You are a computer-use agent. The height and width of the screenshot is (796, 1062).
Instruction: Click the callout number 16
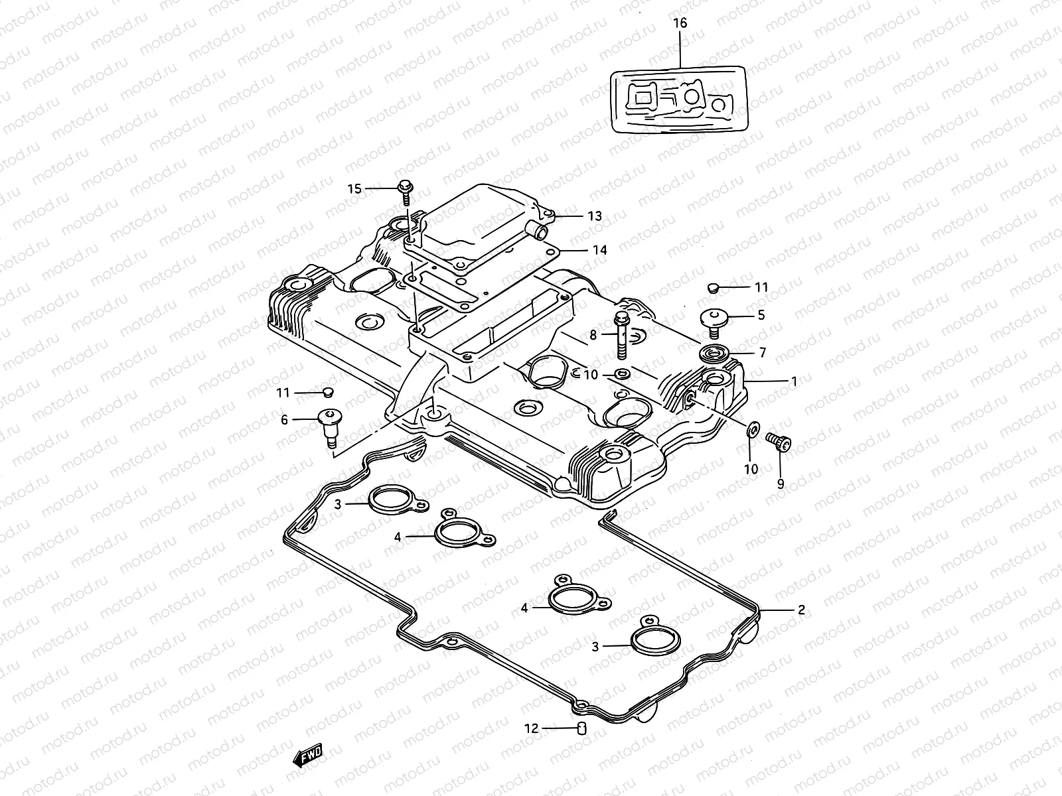point(680,23)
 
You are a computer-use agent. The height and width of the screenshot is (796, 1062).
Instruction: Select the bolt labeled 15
point(404,190)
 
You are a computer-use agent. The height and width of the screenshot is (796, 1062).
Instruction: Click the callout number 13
point(594,216)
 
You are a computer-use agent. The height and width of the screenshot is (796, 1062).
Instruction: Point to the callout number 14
point(600,250)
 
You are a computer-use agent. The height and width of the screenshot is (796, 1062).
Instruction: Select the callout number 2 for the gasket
point(801,610)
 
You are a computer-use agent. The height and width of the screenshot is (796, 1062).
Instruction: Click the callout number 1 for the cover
point(794,381)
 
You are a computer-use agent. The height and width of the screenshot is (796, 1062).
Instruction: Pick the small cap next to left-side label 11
point(328,392)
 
